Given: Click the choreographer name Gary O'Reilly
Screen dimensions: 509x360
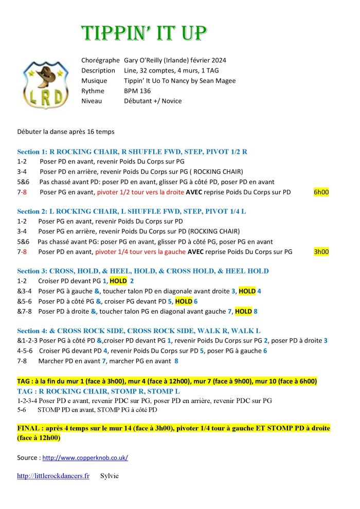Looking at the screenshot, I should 149,60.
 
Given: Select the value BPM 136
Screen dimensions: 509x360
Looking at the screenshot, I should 137,90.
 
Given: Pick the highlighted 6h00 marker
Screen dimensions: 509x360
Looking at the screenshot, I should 321,192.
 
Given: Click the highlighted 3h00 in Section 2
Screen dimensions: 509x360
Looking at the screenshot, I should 321,251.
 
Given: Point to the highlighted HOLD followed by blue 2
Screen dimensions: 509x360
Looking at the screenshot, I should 118,281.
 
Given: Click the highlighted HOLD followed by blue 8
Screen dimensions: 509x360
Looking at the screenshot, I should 243,311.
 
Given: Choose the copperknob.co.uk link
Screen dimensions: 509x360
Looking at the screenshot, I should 85,458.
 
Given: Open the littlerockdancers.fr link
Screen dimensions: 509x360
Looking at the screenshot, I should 53,476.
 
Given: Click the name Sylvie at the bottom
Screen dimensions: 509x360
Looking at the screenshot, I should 110,476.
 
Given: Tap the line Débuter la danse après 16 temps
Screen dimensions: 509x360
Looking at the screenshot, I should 66,132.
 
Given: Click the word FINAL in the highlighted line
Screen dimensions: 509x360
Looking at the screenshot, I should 29,428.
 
